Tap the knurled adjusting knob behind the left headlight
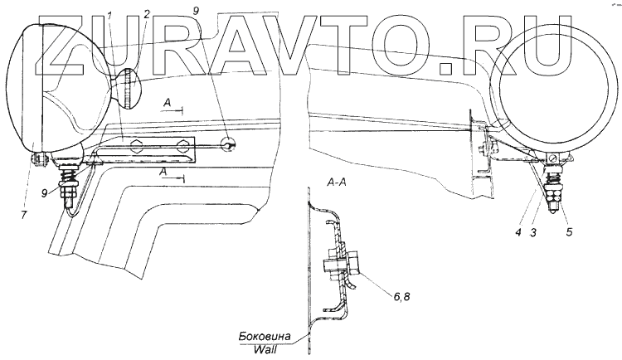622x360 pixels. tap(128, 89)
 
